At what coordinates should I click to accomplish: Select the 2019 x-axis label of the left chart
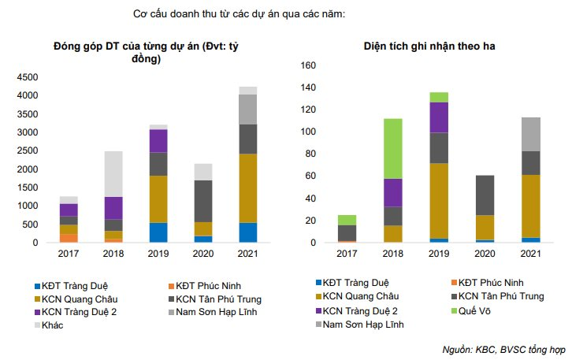(x=158, y=253)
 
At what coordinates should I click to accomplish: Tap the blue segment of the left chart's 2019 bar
(x=158, y=232)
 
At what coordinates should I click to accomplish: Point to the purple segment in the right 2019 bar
(x=439, y=117)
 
